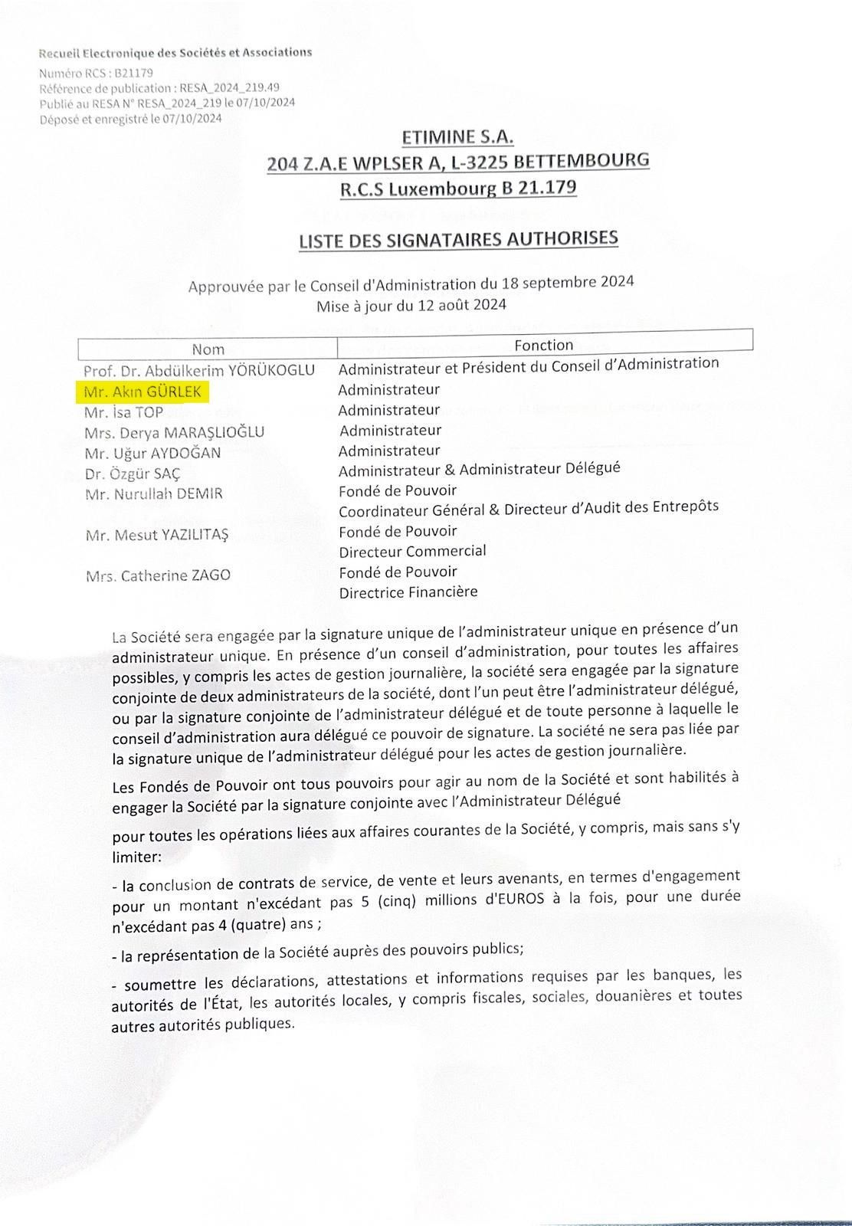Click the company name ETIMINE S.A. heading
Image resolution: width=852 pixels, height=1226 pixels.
pos(457,137)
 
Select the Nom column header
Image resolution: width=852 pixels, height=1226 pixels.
pos(208,349)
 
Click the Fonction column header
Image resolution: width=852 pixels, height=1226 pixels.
pos(544,345)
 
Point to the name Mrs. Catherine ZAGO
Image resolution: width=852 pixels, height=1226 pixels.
pos(158,575)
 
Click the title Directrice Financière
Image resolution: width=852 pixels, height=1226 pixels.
pos(408,592)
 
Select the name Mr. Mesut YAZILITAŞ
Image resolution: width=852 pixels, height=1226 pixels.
pos(157,535)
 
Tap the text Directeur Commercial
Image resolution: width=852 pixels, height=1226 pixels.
pos(412,551)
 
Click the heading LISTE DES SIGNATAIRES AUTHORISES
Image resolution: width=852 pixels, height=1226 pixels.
pos(458,239)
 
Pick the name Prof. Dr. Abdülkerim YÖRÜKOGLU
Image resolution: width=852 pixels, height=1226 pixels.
pos(199,370)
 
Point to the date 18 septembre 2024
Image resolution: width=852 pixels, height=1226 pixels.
pos(568,282)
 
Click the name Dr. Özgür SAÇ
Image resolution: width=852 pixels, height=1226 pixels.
pos(133,474)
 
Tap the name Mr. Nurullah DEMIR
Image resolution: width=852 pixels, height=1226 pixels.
pos(154,493)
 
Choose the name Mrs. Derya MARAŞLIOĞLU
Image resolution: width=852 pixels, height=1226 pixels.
pos(175,432)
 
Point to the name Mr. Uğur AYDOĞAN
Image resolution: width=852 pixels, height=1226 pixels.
pos(153,453)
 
